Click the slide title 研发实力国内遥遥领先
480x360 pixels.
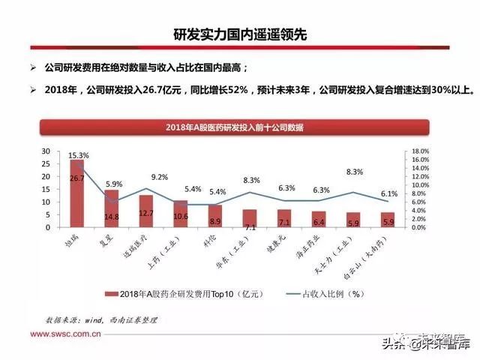(x=240, y=34)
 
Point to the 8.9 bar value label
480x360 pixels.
(x=215, y=221)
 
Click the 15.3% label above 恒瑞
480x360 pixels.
(x=78, y=155)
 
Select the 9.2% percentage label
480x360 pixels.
(x=160, y=177)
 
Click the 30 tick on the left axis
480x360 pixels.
(x=46, y=151)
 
